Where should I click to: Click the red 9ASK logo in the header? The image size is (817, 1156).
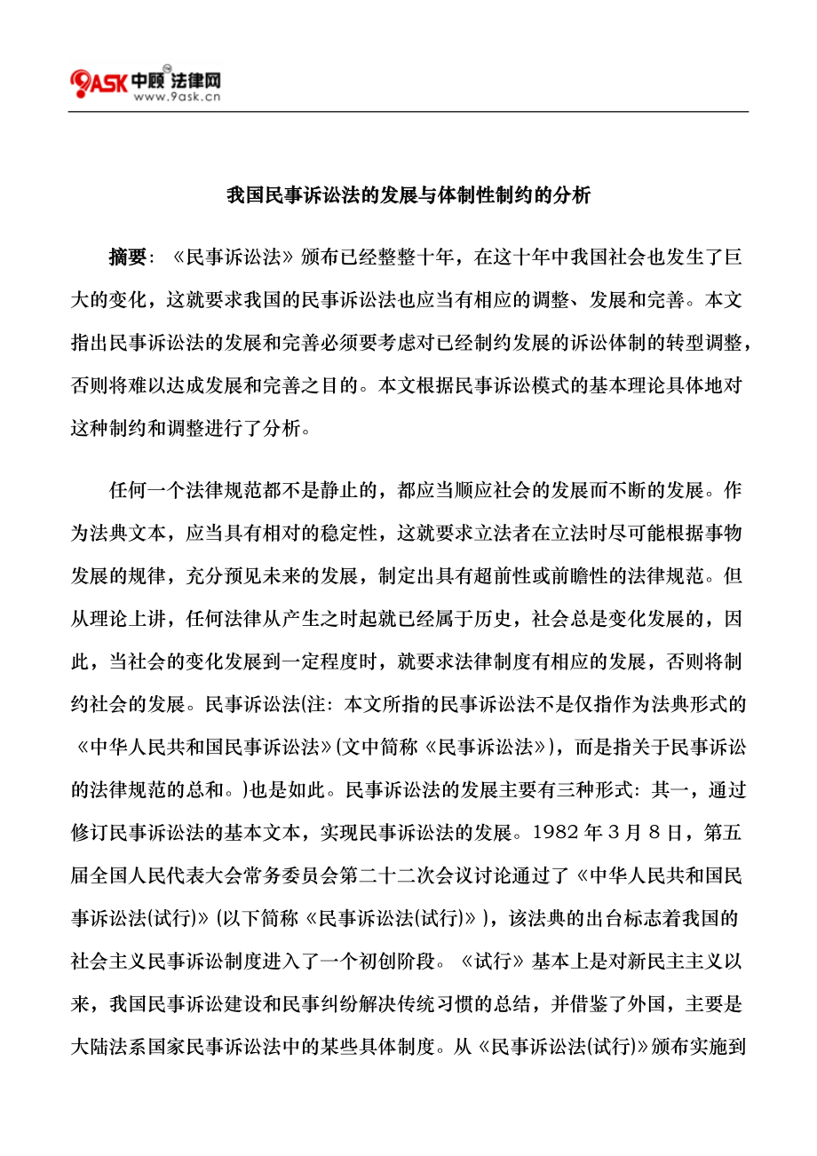coord(99,83)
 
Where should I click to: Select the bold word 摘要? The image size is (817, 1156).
coord(127,257)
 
